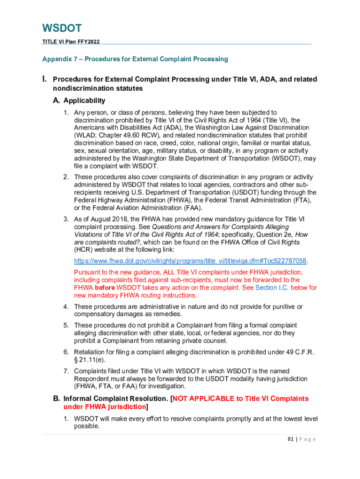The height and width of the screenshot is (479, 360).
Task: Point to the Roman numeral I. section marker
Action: pyautogui.click(x=45, y=80)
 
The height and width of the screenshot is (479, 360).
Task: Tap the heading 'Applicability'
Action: pyautogui.click(x=84, y=101)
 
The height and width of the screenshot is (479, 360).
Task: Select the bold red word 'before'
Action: pyautogui.click(x=105, y=288)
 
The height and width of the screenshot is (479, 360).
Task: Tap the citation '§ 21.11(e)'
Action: pyautogui.click(x=91, y=359)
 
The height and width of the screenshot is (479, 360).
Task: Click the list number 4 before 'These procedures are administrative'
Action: pyautogui.click(x=66, y=306)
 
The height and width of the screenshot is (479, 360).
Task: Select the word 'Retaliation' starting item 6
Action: pyautogui.click(x=90, y=352)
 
